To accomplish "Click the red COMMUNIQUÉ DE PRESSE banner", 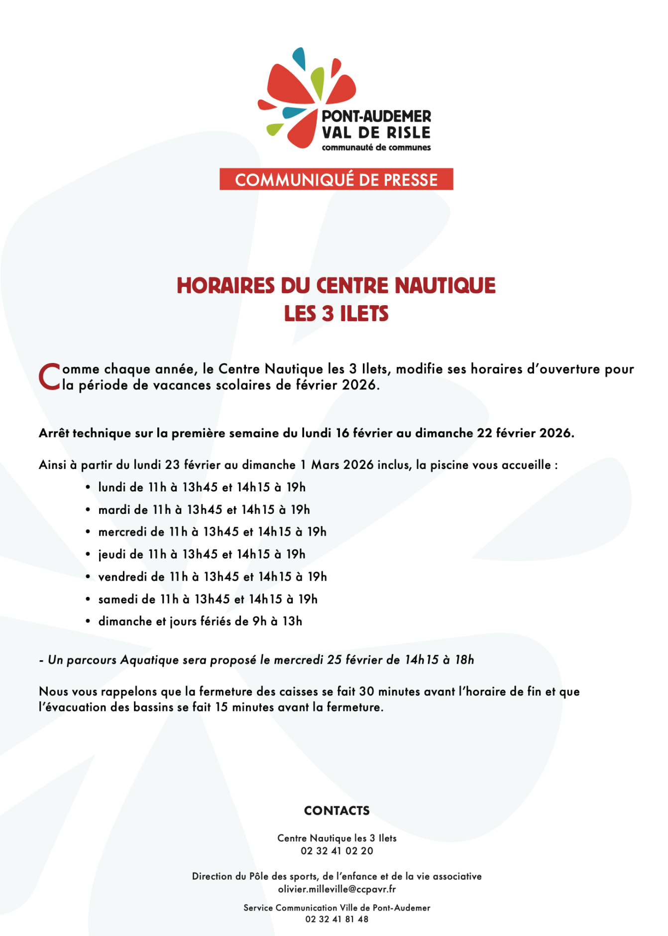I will [x=336, y=179].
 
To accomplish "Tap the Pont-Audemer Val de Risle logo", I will [x=343, y=100].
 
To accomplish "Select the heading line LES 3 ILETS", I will [x=336, y=314].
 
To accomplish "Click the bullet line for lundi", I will [x=202, y=487].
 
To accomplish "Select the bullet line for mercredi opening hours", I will [x=212, y=532].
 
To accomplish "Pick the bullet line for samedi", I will [x=208, y=599].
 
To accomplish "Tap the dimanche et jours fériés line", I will [x=200, y=621].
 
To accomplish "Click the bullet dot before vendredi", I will [x=88, y=577].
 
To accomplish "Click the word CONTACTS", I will [x=336, y=811].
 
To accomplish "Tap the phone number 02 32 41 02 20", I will [x=336, y=851].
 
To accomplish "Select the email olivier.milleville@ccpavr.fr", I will [x=336, y=889].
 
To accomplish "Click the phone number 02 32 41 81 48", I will [x=336, y=919].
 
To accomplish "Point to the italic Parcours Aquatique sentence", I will [x=256, y=660].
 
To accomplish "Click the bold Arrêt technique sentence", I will [x=307, y=433].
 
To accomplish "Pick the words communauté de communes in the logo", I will [x=376, y=147].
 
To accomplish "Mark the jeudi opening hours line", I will [x=202, y=554].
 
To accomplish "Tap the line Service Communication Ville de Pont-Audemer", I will [x=336, y=908].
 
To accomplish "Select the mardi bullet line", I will [x=204, y=509].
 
